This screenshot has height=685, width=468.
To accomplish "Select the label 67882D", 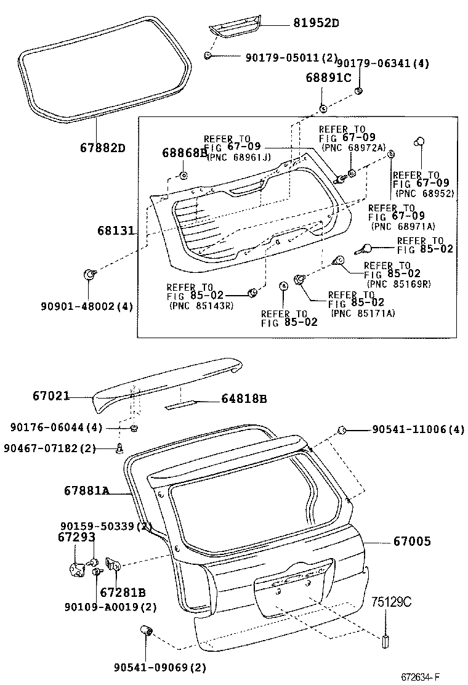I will (x=102, y=148).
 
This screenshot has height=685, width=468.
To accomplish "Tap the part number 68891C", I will (x=328, y=78).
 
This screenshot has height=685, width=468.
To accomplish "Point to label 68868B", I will (x=185, y=152).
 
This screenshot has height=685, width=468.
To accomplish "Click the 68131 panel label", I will (x=115, y=230).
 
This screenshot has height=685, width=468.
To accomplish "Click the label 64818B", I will (x=244, y=399).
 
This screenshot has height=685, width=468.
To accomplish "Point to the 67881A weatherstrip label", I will (x=86, y=490).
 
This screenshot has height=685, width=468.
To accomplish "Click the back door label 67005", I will (x=412, y=541).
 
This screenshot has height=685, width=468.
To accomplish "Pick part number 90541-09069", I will (x=159, y=667).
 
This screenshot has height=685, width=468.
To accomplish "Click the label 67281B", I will (x=123, y=593).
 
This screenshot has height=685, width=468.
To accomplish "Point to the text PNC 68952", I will (x=424, y=193).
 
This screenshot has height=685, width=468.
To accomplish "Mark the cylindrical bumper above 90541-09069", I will (x=147, y=630).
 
